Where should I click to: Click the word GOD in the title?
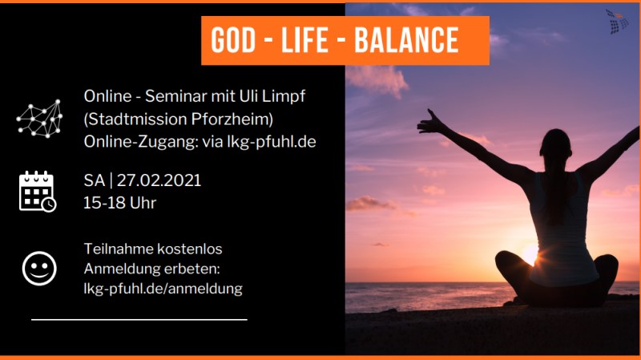[233, 41]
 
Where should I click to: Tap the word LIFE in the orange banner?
[304, 41]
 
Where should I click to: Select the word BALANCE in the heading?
[406, 41]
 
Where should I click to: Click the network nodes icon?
[39, 119]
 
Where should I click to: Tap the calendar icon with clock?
[38, 192]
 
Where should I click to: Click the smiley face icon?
[39, 269]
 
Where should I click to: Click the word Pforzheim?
[232, 119]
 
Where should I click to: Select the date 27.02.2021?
[159, 180]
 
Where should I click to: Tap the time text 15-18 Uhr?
[119, 203]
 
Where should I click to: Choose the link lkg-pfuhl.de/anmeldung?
[163, 289]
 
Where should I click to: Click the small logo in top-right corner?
[617, 22]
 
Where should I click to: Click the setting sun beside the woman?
[531, 253]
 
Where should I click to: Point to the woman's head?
[555, 144]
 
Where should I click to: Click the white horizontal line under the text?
[139, 319]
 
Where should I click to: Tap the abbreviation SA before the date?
[95, 180]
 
